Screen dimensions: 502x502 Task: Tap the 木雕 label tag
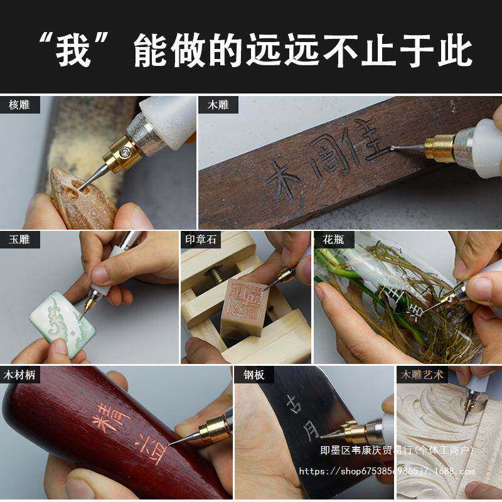pos(218,105)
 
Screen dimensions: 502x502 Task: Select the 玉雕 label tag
pos(20,239)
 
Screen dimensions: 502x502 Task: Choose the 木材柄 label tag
pos(20,375)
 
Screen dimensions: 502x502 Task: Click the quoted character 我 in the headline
pos(73,50)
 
